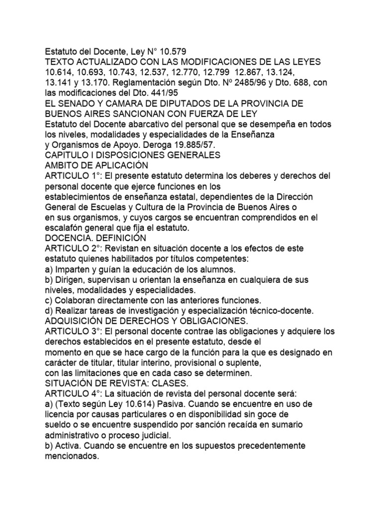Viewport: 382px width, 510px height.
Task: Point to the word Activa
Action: point(70,446)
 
